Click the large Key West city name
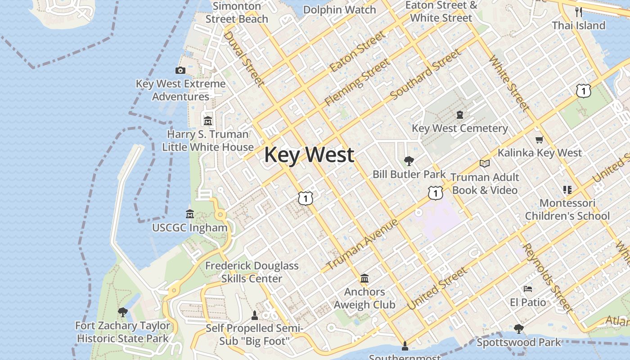click(309, 155)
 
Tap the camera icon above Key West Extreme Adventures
click(180, 70)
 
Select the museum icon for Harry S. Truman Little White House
click(208, 121)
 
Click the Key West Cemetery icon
click(459, 115)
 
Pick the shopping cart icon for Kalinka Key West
click(539, 139)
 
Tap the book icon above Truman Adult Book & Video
click(484, 163)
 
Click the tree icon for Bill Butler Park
click(409, 161)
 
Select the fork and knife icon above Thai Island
click(579, 12)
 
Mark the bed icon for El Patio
click(528, 288)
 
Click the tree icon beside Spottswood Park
click(519, 329)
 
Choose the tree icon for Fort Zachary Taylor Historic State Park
click(122, 312)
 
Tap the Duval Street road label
click(243, 58)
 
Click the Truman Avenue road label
click(362, 244)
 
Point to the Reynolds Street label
click(547, 278)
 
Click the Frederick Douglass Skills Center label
click(252, 272)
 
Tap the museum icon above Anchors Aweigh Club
click(364, 278)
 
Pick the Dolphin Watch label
click(339, 10)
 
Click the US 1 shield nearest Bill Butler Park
click(435, 193)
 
